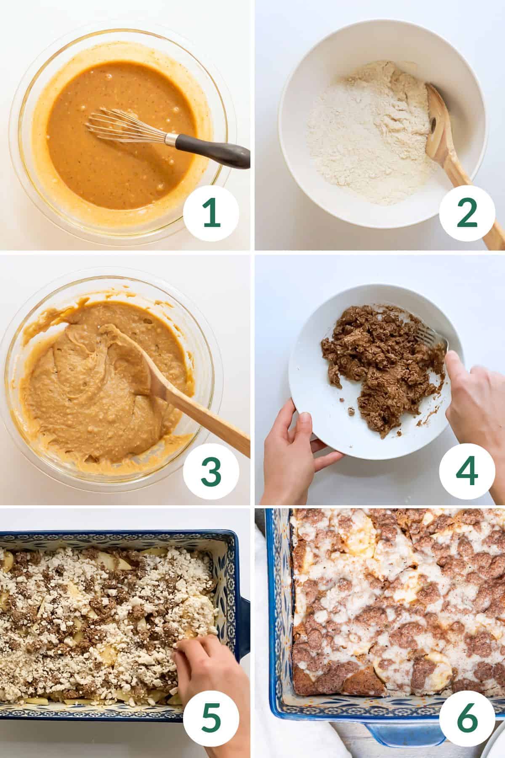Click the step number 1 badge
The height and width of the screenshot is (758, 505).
point(211,213)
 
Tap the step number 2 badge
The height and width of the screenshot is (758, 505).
point(466,213)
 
